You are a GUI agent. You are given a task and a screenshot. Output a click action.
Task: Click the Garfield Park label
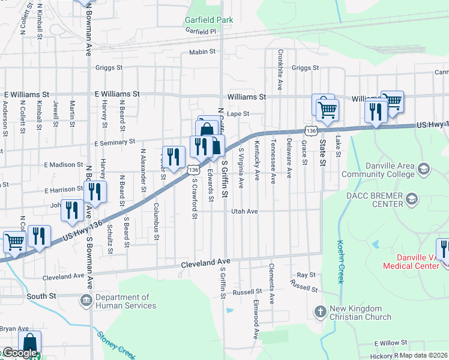(x=208, y=20)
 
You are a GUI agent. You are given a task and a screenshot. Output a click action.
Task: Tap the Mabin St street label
(x=202, y=52)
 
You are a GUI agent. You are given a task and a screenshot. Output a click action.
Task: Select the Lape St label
(x=238, y=113)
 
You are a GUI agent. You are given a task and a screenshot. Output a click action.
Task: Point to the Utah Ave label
(x=245, y=211)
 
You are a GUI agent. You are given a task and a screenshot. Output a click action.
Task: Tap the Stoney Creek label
(x=116, y=344)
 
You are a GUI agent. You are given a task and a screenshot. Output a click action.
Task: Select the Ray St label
(x=306, y=275)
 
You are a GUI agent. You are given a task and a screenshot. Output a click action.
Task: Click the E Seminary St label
(x=115, y=142)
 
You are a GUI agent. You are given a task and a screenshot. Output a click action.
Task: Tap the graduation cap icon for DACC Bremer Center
(x=412, y=198)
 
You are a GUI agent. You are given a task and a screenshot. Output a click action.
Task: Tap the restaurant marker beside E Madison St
(x=173, y=157)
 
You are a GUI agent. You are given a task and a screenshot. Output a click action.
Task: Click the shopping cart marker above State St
(x=328, y=110)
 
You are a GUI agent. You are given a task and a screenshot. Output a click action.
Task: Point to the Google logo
(x=19, y=353)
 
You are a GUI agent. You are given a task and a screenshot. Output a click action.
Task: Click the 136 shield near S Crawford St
(x=193, y=170)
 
